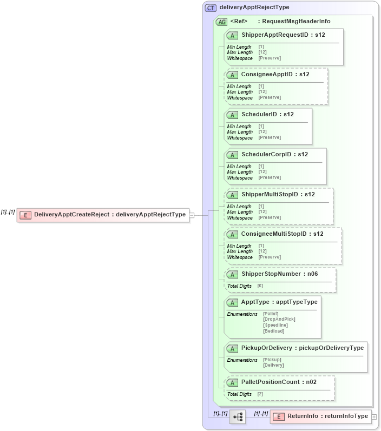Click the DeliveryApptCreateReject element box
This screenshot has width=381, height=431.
[x=103, y=215]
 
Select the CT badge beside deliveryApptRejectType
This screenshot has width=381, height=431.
[x=211, y=8]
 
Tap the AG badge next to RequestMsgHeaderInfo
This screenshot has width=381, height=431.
[x=221, y=22]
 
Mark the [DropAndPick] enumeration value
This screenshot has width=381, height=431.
[x=279, y=319]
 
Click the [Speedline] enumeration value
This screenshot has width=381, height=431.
[x=275, y=325]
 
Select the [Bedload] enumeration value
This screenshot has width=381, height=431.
[x=273, y=331]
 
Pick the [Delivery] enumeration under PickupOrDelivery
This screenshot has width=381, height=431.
[x=273, y=365]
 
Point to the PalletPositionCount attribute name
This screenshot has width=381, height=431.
[x=265, y=382]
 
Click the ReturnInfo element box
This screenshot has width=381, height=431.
[x=320, y=416]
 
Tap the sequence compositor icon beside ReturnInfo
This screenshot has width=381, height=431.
[x=238, y=416]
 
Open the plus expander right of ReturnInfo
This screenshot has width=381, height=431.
[x=375, y=417]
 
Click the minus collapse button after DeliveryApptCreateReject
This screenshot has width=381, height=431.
[x=192, y=215]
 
